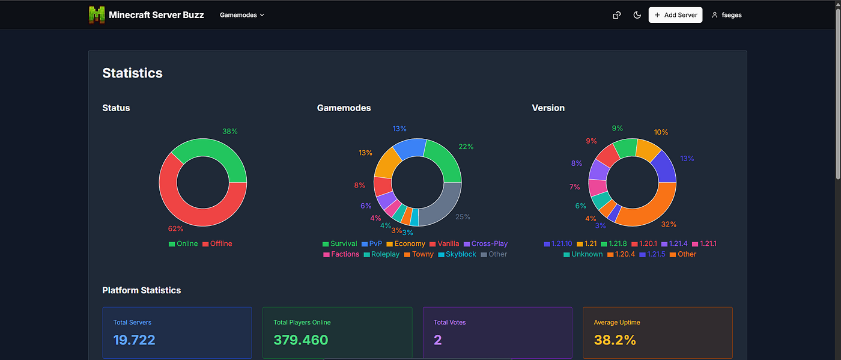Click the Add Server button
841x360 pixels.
point(675,15)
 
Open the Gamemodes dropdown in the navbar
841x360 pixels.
point(242,15)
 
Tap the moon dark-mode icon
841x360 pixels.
point(637,15)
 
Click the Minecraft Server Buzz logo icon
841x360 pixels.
point(97,15)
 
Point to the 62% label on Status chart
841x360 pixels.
point(175,228)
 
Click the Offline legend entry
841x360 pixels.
point(217,243)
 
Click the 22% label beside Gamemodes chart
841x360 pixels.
point(466,147)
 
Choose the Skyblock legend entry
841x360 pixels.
point(457,254)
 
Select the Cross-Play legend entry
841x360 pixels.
point(485,243)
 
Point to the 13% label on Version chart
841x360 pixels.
point(687,159)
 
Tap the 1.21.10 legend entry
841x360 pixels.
point(558,243)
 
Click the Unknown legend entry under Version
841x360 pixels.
point(583,254)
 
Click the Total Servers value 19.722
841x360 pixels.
point(134,340)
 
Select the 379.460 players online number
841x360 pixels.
point(301,340)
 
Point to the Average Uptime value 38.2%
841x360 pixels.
point(615,340)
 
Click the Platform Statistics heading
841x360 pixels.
point(142,290)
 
